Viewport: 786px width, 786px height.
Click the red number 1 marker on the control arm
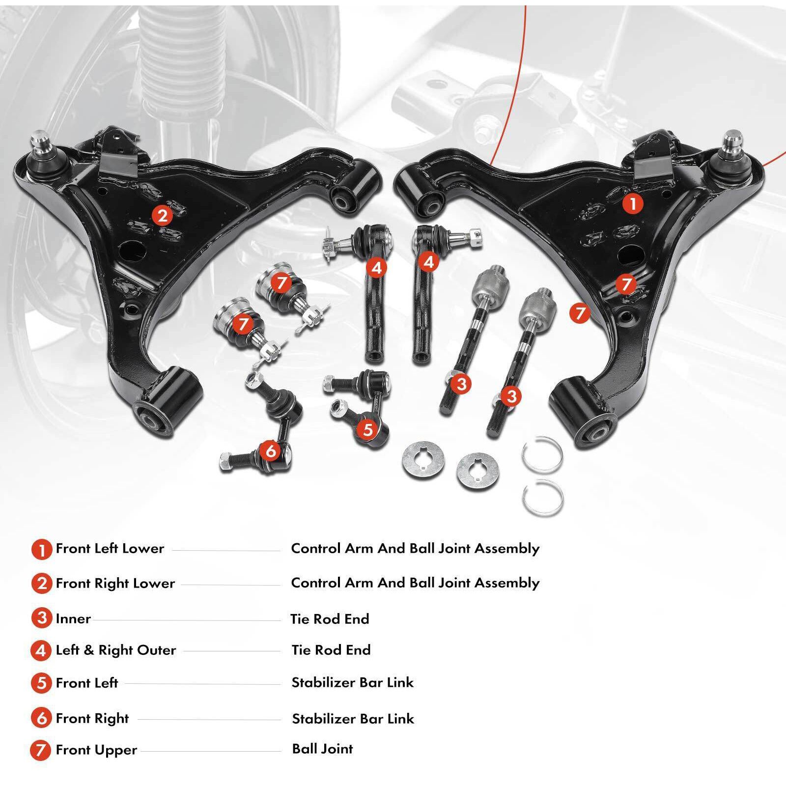(633, 203)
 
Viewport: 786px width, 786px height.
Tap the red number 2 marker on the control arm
(162, 215)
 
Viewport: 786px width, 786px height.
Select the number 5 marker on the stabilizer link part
(368, 429)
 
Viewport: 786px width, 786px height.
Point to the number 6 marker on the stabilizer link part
(271, 450)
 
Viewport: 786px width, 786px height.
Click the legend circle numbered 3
(42, 618)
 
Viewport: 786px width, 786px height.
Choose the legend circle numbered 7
(41, 750)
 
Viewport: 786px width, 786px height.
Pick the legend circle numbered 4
(42, 650)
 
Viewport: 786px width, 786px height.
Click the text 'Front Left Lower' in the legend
(110, 548)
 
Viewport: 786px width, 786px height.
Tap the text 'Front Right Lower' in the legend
(115, 583)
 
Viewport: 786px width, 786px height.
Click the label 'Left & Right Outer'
(116, 650)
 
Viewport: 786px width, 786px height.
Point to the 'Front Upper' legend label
(96, 750)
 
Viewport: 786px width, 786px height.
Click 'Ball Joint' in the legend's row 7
(322, 749)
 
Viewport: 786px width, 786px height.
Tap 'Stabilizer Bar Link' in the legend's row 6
(353, 718)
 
